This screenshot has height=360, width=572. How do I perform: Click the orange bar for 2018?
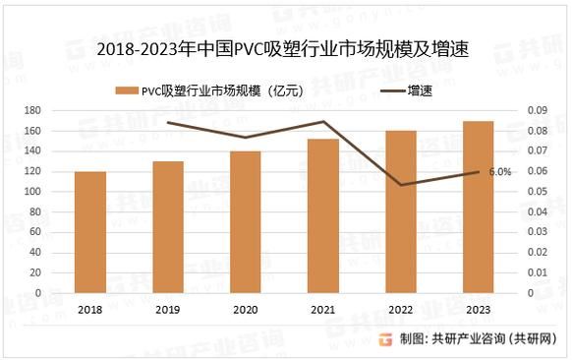click(x=90, y=232)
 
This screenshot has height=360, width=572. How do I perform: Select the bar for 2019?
click(x=168, y=227)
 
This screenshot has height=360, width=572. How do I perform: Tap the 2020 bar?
click(x=245, y=222)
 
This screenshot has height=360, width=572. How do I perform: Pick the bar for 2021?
click(x=323, y=216)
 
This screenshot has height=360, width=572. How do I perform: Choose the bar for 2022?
click(x=401, y=211)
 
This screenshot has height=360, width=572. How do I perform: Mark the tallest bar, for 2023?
click(x=478, y=208)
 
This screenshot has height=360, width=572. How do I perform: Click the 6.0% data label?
click(x=499, y=172)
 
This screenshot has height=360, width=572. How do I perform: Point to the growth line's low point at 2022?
click(x=401, y=185)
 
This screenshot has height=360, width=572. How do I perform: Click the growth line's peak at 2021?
click(x=323, y=122)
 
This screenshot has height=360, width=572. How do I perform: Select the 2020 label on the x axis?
click(x=245, y=309)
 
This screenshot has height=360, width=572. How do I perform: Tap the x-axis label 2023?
click(x=478, y=309)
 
